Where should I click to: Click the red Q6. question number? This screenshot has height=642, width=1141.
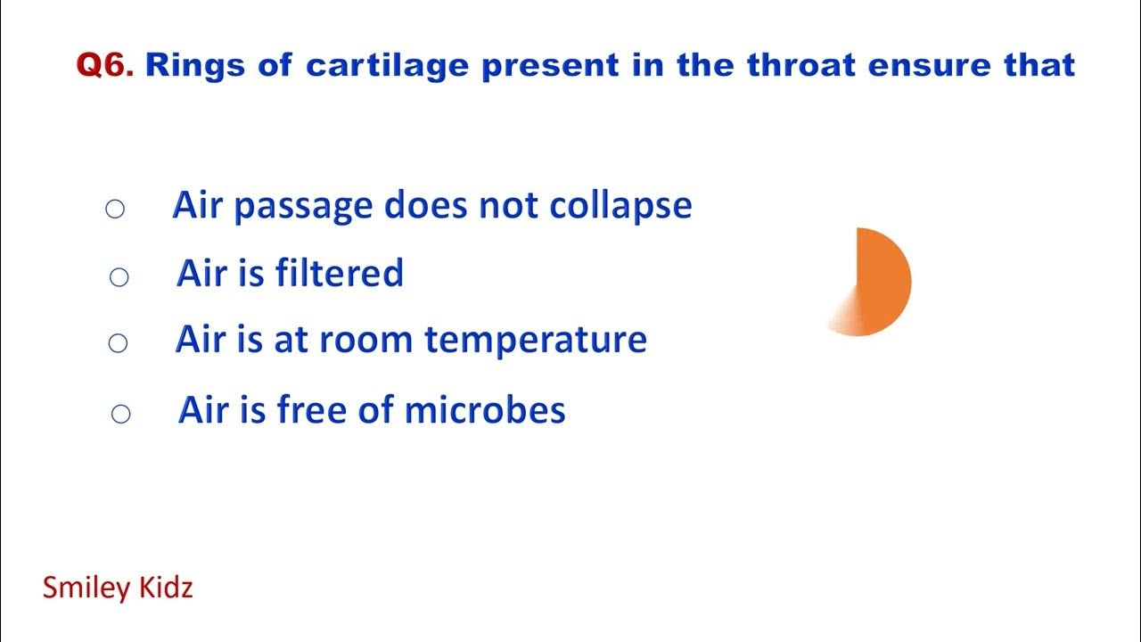[105, 65]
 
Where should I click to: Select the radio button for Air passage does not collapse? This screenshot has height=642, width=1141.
[115, 210]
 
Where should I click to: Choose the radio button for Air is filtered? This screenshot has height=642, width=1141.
[119, 277]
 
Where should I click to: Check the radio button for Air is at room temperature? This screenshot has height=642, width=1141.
[118, 342]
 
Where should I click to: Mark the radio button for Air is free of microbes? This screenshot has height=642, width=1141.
[120, 414]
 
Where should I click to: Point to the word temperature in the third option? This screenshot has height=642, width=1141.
[535, 341]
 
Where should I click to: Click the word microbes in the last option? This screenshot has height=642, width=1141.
[485, 410]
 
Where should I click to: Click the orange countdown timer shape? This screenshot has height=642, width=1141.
[878, 281]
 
